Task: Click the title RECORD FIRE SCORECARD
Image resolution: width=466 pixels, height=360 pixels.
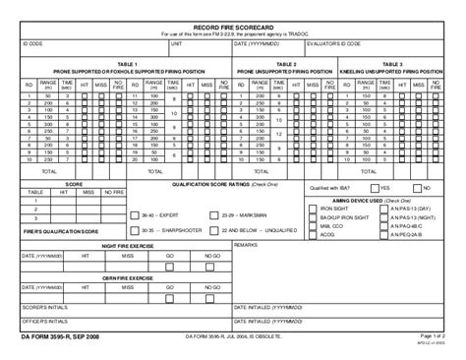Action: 232,27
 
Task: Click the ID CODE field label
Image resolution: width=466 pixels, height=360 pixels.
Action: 32,44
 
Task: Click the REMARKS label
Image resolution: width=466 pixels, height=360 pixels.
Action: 246,244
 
